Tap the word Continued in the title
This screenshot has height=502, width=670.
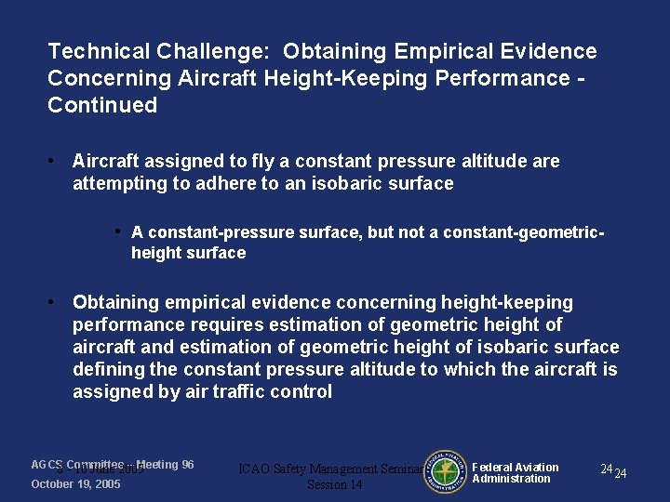coord(102,105)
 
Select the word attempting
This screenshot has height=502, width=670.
coord(120,183)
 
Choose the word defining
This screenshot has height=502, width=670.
coord(107,369)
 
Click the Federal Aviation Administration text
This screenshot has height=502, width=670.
coord(515,473)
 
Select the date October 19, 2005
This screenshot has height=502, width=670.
coord(75,484)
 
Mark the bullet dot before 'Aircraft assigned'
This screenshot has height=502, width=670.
coord(55,161)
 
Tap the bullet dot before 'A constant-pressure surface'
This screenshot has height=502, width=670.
coord(119,231)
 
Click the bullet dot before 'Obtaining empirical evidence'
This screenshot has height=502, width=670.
coord(55,302)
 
